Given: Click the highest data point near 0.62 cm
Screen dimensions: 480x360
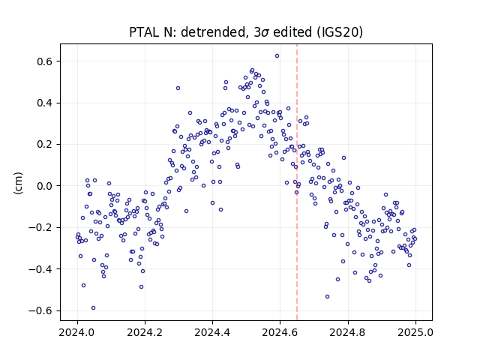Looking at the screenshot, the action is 277,56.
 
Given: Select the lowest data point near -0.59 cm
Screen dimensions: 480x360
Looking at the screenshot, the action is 93,308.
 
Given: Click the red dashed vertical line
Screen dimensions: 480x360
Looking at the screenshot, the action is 297,182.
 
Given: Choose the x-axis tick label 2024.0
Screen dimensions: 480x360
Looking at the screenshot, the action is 77,332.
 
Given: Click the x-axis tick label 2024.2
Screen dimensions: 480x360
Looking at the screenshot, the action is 145,332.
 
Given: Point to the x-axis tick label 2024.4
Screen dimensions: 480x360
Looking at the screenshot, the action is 212,332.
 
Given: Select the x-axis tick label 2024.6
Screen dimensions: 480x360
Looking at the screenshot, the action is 280,332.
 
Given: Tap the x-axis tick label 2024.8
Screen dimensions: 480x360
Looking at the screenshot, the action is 348,332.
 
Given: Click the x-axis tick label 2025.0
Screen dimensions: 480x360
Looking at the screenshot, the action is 415,332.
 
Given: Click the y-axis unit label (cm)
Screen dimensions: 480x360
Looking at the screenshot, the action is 18,183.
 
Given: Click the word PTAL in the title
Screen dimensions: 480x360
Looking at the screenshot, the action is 142,32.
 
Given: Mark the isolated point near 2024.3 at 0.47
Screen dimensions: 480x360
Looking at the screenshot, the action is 178,88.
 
